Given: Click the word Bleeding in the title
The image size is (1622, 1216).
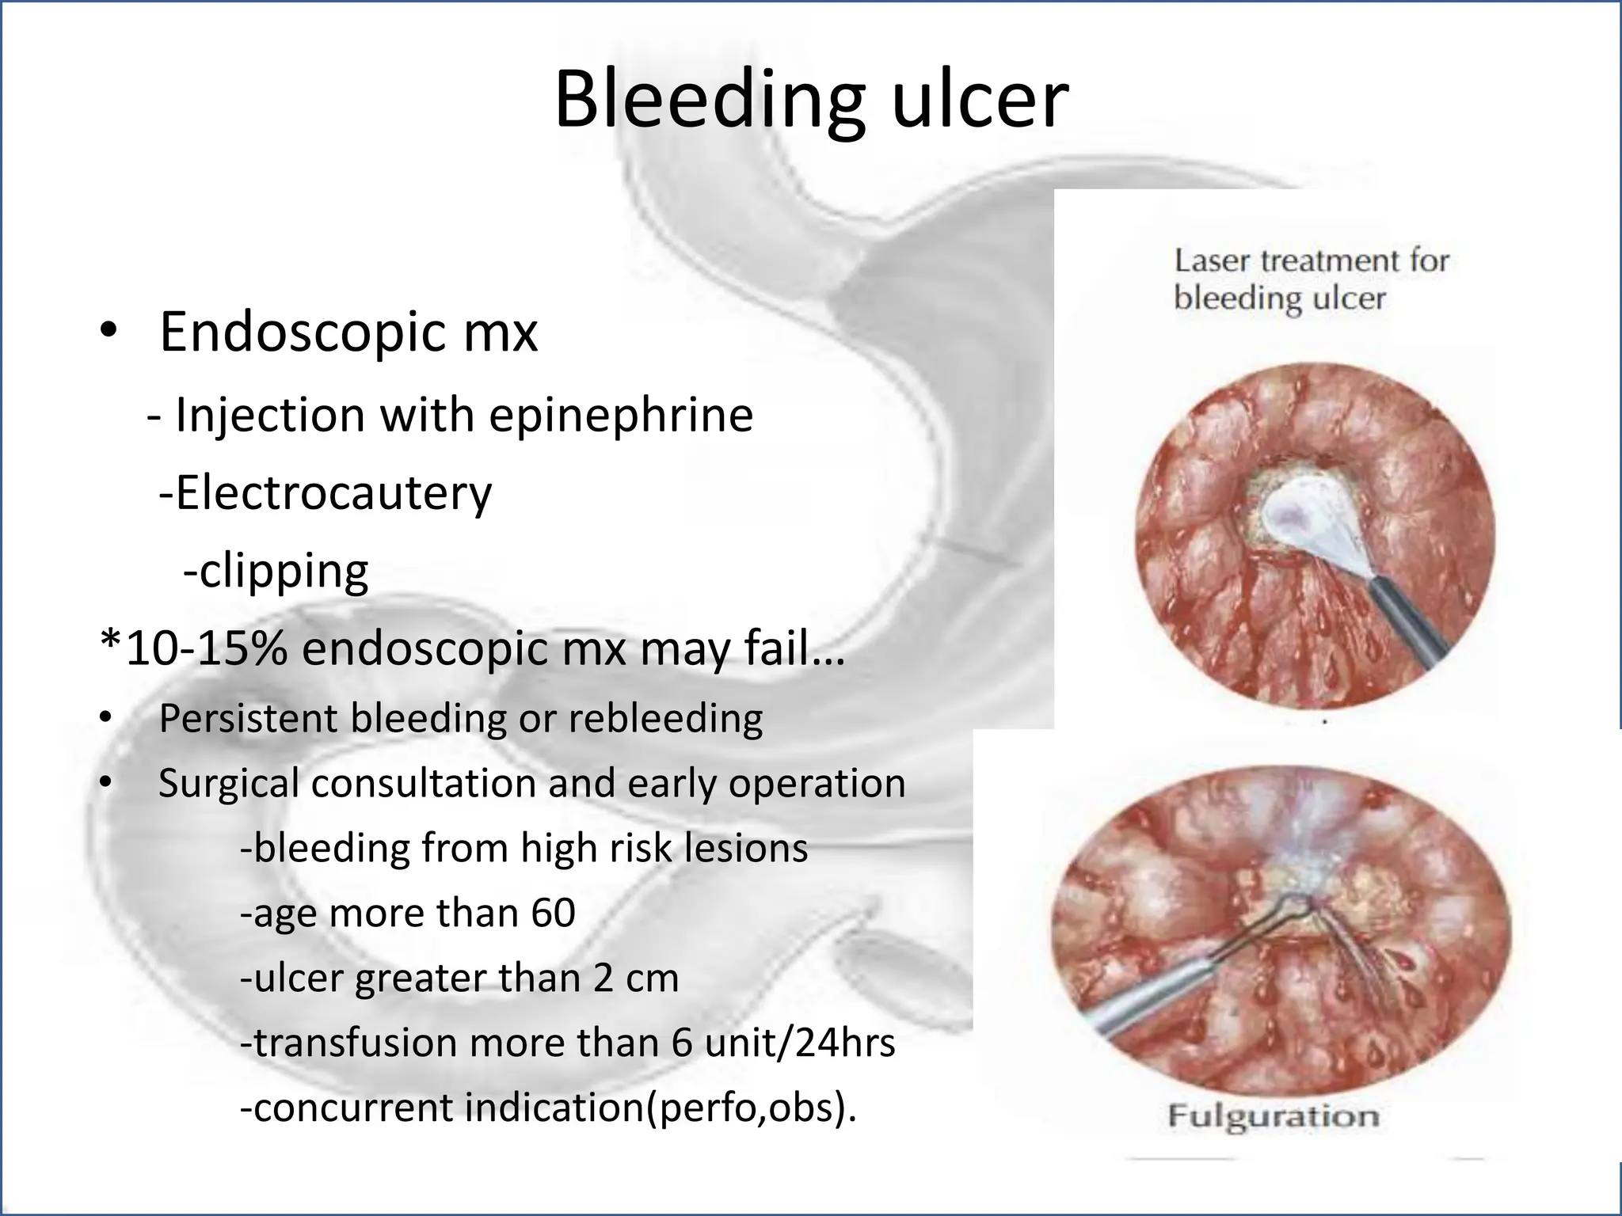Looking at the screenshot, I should click(708, 101).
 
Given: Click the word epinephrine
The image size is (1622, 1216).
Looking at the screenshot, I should click(620, 415).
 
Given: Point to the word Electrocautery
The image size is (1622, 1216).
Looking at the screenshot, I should click(333, 493).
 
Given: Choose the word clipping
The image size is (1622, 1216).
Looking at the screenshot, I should click(283, 571).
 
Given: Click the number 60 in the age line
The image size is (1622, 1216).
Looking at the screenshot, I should click(552, 913).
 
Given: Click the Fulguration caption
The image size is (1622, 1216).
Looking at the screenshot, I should click(1273, 1117).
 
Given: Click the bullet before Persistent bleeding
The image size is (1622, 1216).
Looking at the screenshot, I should click(107, 719).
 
